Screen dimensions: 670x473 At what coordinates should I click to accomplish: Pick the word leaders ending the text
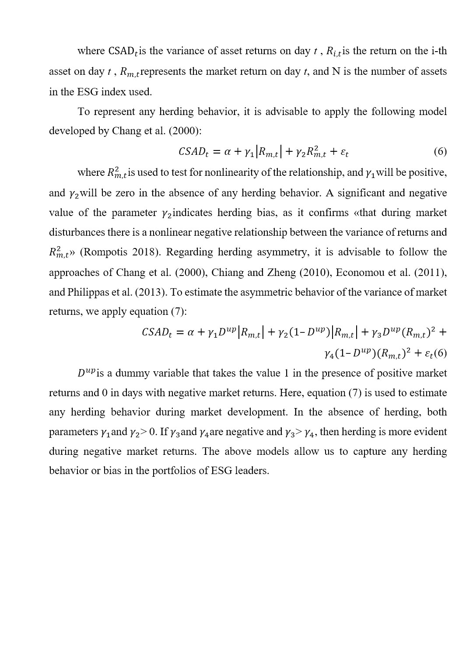coord(252,471)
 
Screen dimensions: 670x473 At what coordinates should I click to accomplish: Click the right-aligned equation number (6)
coord(440,152)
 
